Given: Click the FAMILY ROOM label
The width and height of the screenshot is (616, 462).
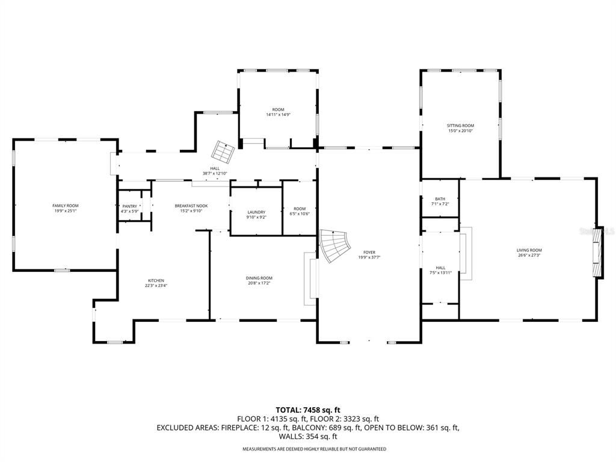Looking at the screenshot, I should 66,206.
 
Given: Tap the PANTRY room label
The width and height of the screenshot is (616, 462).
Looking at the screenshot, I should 130,206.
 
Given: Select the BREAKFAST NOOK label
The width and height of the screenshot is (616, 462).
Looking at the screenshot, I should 191,206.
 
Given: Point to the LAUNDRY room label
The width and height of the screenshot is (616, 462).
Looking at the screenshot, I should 256,212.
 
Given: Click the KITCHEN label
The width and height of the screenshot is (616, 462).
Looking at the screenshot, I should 156,280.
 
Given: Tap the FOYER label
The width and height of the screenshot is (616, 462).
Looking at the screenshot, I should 369,252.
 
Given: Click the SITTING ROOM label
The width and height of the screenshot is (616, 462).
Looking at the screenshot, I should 460,125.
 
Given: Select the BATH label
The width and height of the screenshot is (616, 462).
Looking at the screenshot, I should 440,199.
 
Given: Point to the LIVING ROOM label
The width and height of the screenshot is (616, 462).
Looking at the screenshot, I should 529,250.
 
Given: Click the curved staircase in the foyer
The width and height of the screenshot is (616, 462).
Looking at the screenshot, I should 334,247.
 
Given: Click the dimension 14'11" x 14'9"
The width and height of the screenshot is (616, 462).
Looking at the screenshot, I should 278,114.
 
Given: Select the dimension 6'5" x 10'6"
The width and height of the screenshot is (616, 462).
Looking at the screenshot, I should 300,214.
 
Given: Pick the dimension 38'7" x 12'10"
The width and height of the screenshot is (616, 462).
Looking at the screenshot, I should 215,174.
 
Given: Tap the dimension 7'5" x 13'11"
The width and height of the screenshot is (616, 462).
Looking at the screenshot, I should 441,273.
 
